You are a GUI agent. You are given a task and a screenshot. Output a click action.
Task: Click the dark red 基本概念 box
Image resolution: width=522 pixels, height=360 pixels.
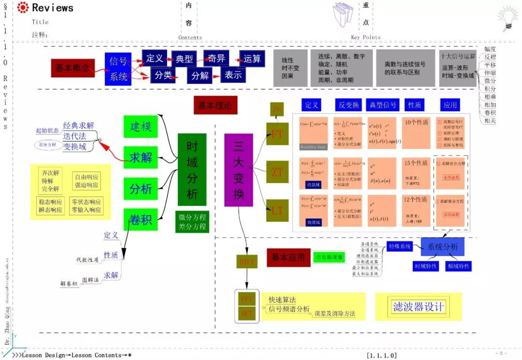[x=72, y=68]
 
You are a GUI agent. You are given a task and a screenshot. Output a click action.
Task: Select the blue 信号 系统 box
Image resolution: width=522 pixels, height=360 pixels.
[x=118, y=69]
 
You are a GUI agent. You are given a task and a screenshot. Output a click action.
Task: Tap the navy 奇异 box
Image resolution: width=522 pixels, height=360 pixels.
[x=216, y=58]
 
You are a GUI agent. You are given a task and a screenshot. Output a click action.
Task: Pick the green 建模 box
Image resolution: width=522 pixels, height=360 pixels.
[x=141, y=127]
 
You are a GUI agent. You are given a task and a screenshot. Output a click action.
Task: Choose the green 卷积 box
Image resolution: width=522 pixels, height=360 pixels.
[x=141, y=220]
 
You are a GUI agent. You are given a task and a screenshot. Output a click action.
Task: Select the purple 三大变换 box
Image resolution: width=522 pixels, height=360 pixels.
[x=238, y=170]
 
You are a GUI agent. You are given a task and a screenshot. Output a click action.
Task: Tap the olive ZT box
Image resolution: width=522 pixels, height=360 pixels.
[x=277, y=172]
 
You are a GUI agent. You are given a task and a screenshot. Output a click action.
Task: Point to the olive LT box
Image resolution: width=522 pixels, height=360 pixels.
[x=277, y=211]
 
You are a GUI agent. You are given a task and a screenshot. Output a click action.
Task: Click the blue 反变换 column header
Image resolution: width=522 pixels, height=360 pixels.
[x=348, y=105]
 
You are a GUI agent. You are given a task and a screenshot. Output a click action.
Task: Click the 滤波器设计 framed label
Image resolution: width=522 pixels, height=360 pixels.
[x=418, y=306]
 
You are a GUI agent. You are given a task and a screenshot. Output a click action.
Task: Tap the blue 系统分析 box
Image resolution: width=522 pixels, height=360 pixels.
[x=442, y=247]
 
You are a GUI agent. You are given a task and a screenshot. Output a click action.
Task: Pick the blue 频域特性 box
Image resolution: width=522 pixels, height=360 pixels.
[x=458, y=266]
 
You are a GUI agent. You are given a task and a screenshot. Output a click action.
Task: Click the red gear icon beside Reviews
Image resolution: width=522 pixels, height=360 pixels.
[x=23, y=7]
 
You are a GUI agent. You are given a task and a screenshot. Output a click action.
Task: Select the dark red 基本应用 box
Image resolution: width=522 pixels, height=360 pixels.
[x=289, y=258]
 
